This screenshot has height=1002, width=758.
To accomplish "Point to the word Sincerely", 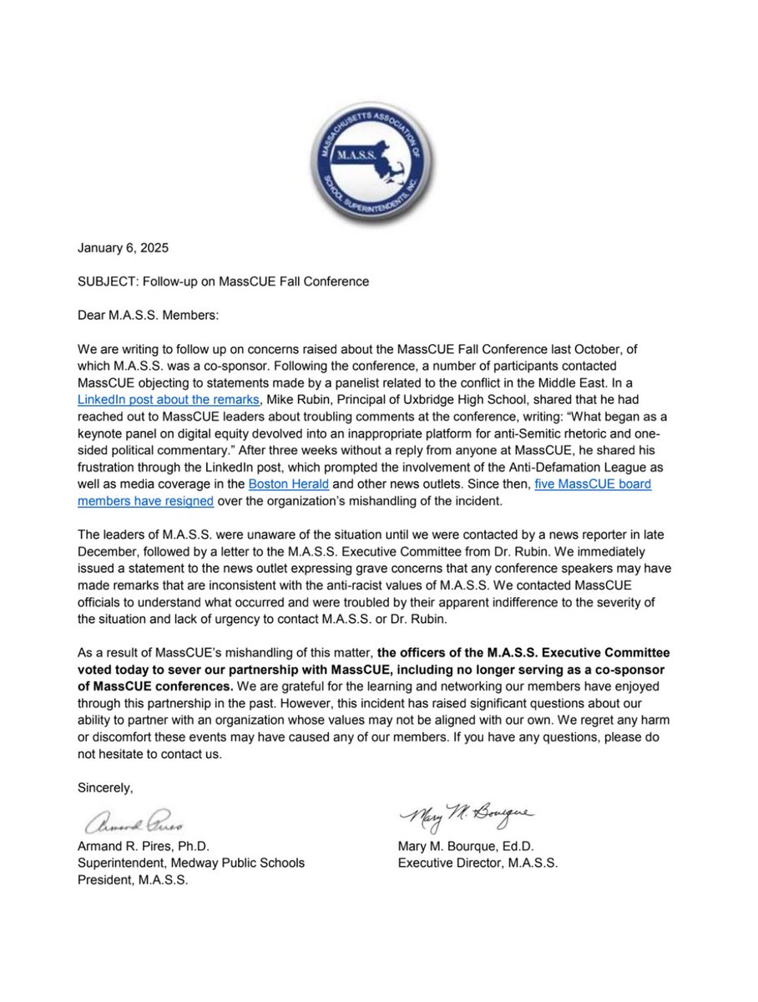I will pos(104,787).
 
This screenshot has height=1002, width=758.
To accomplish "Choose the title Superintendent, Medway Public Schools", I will pos(190,863).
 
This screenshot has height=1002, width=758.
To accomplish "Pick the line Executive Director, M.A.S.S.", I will pos(478,863).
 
